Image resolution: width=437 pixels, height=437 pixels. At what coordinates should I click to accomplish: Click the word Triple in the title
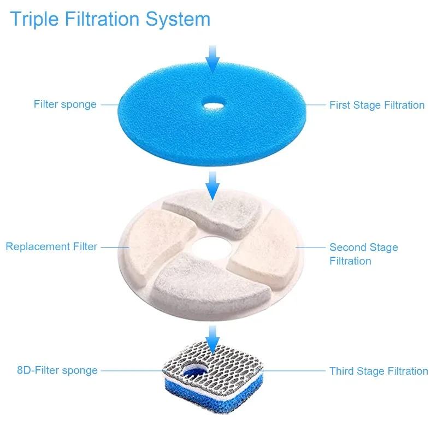(33, 19)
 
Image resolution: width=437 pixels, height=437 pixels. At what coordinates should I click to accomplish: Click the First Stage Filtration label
(376, 105)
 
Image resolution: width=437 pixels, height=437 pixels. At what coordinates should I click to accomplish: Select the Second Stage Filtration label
(363, 254)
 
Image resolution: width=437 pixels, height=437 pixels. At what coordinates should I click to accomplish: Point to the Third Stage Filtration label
(378, 371)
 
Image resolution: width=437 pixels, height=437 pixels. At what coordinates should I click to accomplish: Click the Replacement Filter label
(51, 247)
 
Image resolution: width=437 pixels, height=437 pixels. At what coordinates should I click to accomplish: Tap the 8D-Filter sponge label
(57, 370)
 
